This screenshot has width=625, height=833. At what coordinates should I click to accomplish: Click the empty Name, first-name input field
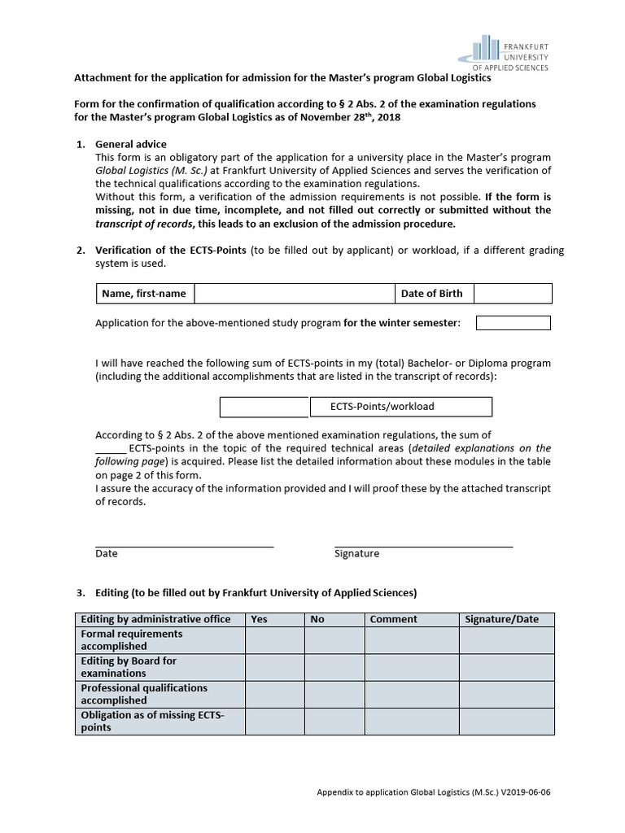pyautogui.click(x=293, y=294)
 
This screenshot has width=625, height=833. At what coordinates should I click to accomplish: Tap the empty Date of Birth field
pyautogui.click(x=513, y=294)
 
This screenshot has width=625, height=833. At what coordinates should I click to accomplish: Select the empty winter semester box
pyautogui.click(x=513, y=323)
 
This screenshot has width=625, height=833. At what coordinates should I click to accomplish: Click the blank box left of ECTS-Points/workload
pyautogui.click(x=264, y=407)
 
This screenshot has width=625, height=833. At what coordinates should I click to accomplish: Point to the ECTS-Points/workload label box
pyautogui.click(x=400, y=407)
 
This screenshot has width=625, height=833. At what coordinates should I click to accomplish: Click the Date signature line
pyautogui.click(x=184, y=546)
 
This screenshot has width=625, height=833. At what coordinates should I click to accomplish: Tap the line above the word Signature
pyautogui.click(x=423, y=546)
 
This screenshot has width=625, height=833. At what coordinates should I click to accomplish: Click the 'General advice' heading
pyautogui.click(x=131, y=144)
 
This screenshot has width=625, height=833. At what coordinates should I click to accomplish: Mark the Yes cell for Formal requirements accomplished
pyautogui.click(x=274, y=640)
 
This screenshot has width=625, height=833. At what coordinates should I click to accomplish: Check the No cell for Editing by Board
pyautogui.click(x=334, y=667)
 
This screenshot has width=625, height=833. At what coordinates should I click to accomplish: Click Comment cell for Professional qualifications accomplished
pyautogui.click(x=411, y=694)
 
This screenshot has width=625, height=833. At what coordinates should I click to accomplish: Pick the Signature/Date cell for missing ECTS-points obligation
pyautogui.click(x=505, y=722)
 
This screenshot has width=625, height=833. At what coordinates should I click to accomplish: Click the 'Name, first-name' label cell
pyautogui.click(x=144, y=294)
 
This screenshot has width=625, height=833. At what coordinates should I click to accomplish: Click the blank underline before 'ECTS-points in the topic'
pyautogui.click(x=111, y=451)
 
